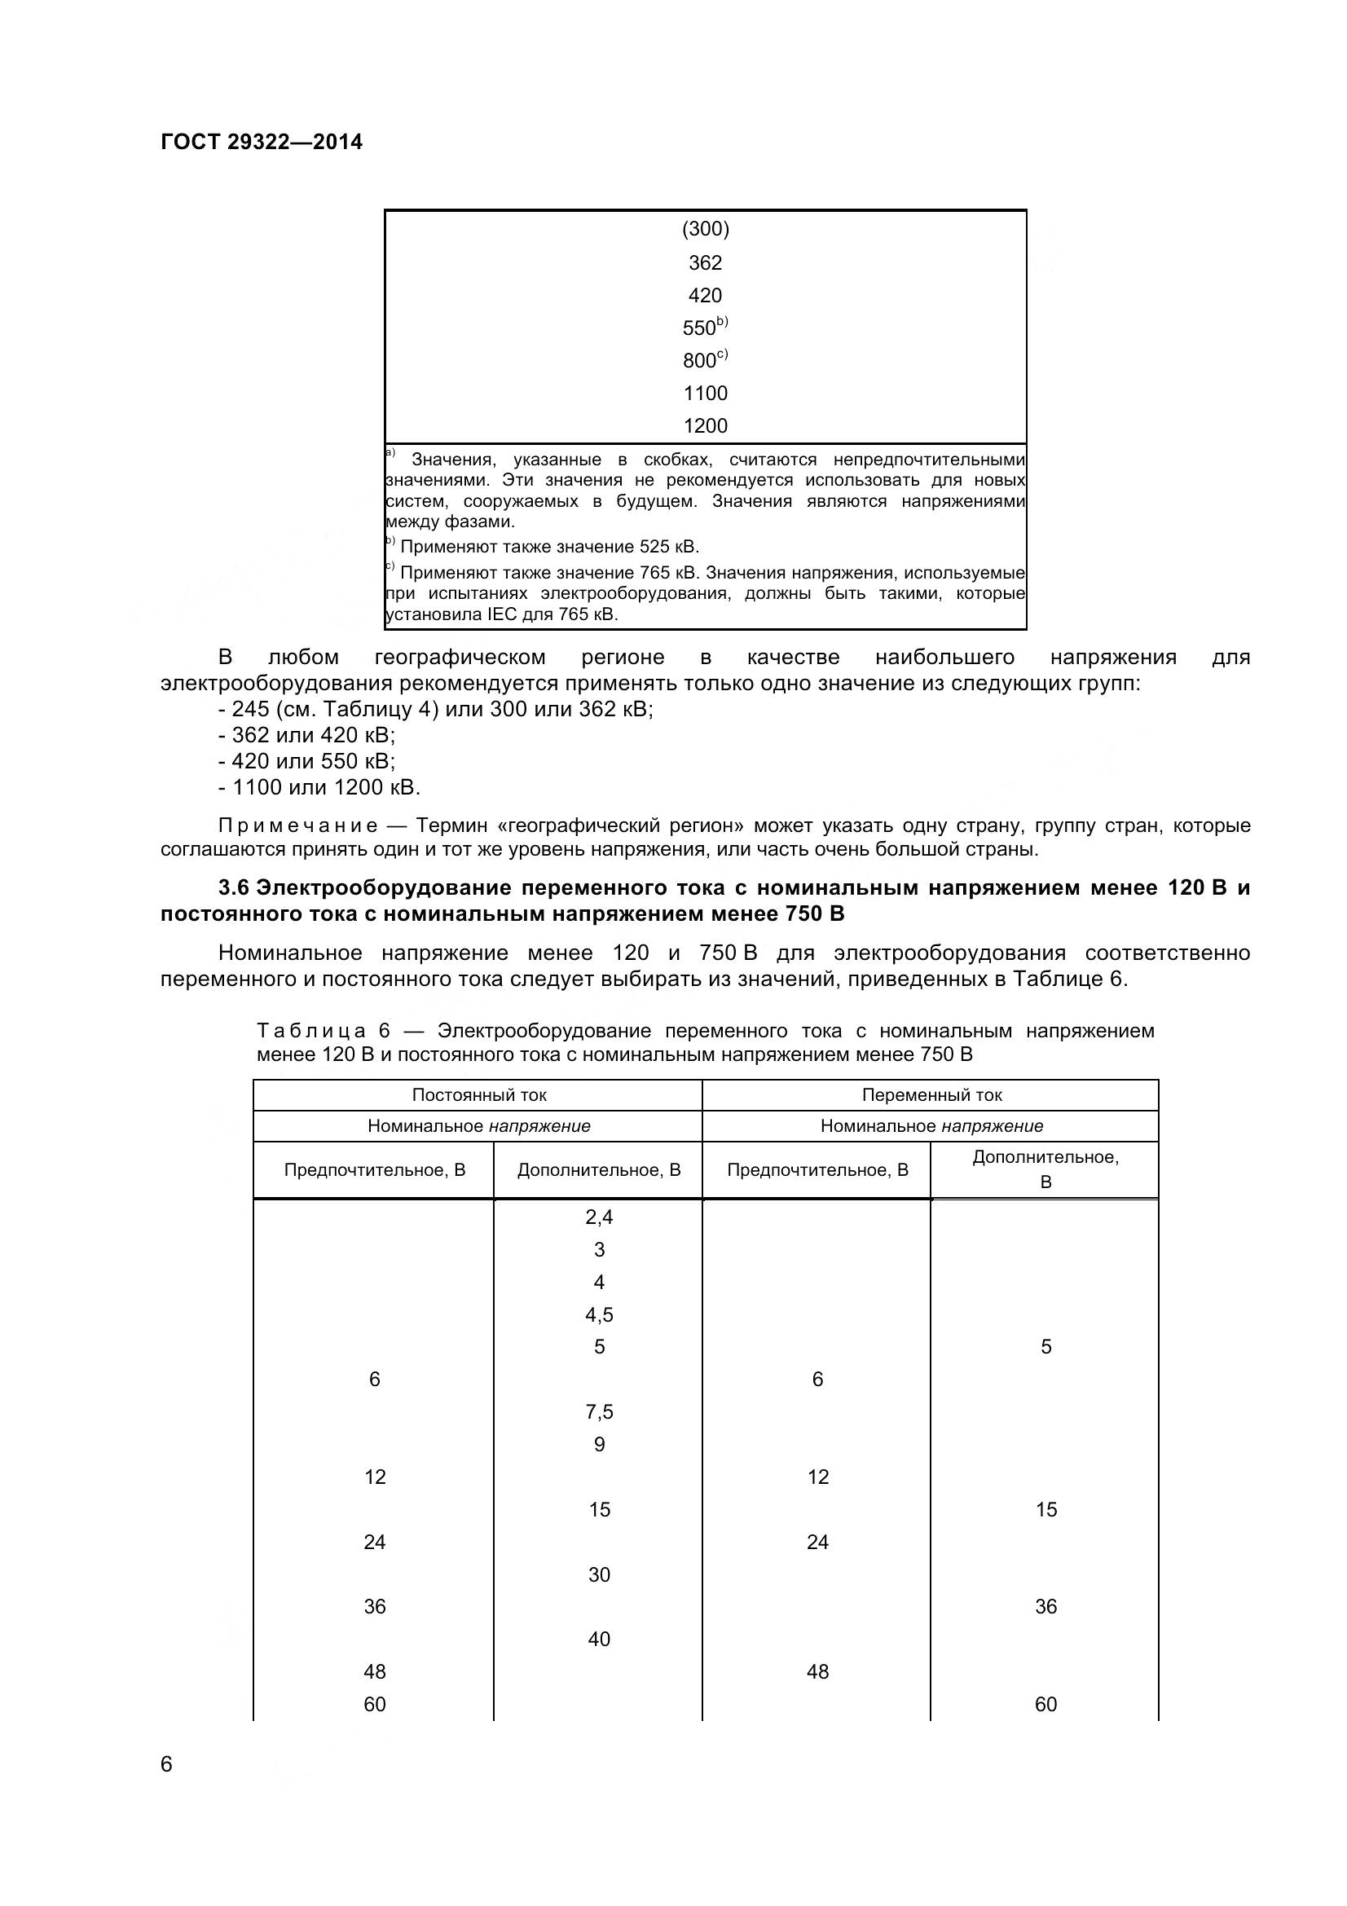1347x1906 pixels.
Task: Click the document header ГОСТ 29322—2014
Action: [x=262, y=142]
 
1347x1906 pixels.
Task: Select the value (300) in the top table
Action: [x=705, y=228]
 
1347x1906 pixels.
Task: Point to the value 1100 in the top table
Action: [x=705, y=393]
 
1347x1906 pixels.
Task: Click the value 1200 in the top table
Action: [x=705, y=426]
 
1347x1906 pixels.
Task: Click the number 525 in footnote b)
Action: [x=654, y=547]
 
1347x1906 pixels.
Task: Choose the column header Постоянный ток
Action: [x=479, y=1095]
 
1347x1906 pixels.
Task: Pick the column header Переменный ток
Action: [x=931, y=1095]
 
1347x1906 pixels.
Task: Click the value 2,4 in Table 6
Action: [x=598, y=1217]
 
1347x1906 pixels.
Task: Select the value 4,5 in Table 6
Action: [x=598, y=1314]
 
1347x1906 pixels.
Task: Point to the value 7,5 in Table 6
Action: [x=598, y=1411]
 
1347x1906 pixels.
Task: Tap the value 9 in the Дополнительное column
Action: [x=598, y=1445]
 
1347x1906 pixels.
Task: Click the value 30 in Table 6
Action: [x=598, y=1575]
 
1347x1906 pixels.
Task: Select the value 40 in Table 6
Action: [x=598, y=1639]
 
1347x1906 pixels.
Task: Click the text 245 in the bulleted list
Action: [x=250, y=710]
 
